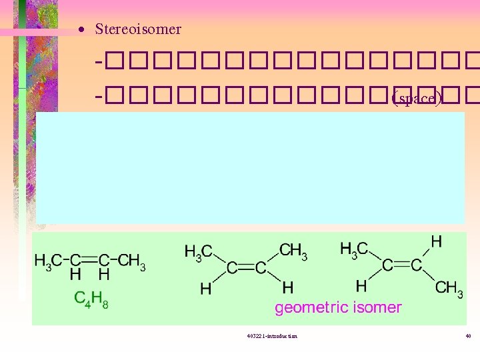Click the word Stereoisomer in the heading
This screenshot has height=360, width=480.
[x=138, y=29]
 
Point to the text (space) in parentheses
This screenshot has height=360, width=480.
[x=417, y=99]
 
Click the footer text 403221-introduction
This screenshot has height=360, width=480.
[x=271, y=335]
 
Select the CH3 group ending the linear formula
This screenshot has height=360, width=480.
[x=132, y=260]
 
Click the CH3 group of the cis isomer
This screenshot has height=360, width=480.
[x=293, y=251]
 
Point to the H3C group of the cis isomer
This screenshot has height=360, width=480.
[x=198, y=251]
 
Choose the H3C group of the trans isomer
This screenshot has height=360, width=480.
[x=354, y=249]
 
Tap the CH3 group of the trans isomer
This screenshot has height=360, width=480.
[x=449, y=288]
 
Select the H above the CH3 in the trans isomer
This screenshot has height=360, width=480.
[x=436, y=242]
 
